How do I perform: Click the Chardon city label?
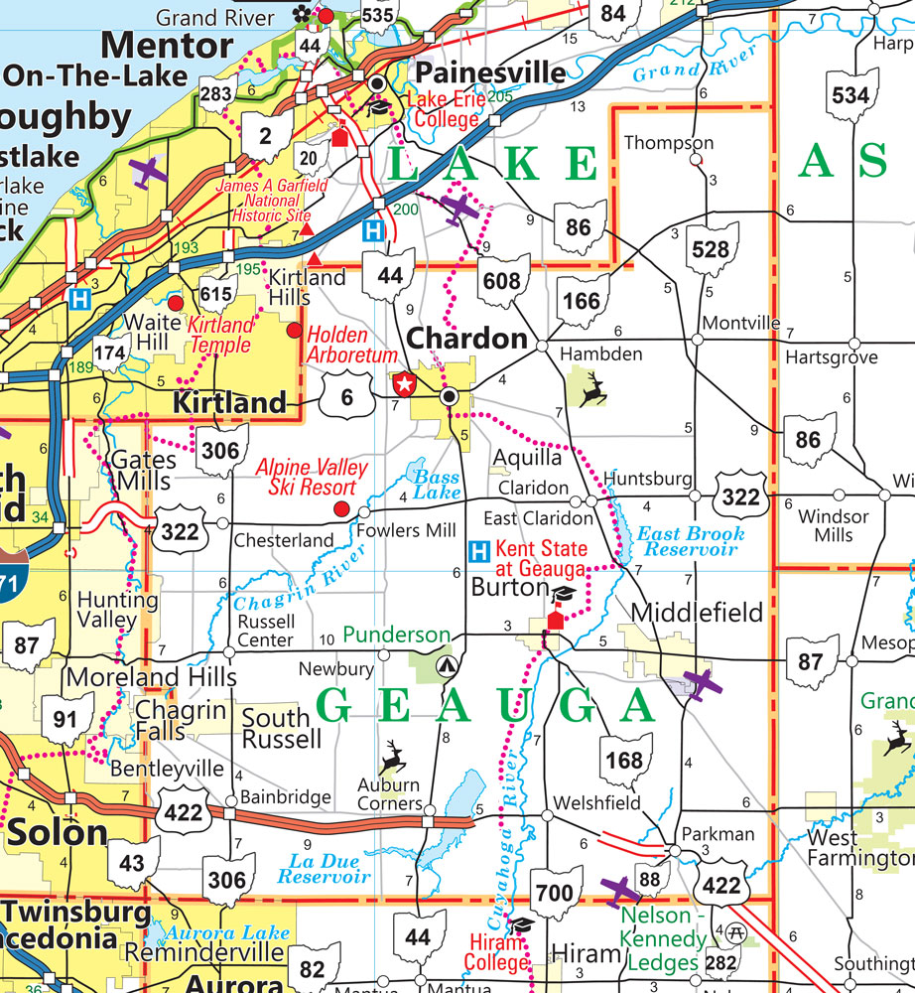(468, 339)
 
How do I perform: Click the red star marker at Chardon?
(404, 383)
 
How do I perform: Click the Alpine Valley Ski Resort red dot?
(341, 509)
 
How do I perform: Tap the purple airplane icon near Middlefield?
(701, 683)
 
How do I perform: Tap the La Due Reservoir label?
(324, 869)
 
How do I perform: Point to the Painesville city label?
(490, 72)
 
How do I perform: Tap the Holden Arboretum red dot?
(294, 329)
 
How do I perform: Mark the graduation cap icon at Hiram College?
(522, 924)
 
